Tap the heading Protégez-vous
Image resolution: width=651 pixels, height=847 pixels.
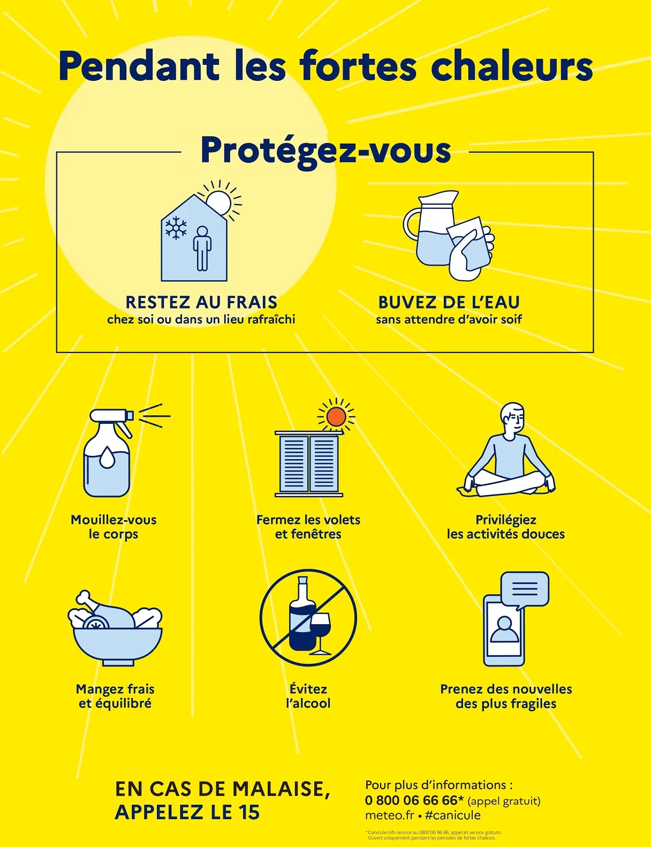[325, 151]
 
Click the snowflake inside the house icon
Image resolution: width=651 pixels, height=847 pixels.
[176, 228]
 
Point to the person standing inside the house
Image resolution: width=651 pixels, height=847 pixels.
[202, 248]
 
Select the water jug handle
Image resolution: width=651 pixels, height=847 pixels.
[410, 224]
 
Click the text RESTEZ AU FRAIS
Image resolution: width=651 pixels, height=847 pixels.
[201, 302]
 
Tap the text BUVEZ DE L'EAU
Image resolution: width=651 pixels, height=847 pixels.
[449, 302]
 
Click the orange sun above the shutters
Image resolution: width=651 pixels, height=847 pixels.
[336, 417]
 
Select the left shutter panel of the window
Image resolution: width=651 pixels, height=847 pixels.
[293, 463]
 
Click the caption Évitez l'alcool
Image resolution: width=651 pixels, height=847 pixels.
[308, 696]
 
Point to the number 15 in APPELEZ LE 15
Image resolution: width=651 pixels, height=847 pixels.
[248, 813]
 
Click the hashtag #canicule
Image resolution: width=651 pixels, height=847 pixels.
[453, 815]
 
